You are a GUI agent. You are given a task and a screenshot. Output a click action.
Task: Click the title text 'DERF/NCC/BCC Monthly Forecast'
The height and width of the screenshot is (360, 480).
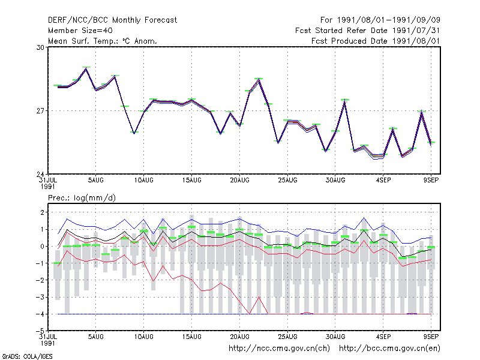coord(112,20)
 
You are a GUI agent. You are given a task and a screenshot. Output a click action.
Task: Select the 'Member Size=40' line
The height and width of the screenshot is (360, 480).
coord(80,31)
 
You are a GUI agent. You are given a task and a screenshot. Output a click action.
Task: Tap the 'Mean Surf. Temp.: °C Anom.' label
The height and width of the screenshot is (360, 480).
coord(103,41)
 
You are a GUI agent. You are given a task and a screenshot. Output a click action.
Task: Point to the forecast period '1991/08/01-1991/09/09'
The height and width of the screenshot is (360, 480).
coord(388,20)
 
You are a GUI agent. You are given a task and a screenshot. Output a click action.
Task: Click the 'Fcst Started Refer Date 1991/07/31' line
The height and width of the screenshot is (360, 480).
coord(368,31)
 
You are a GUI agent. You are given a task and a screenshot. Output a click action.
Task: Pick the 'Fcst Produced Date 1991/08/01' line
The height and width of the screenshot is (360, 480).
coord(376,41)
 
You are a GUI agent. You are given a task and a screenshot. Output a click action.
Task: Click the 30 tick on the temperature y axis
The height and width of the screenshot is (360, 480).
coord(40,47)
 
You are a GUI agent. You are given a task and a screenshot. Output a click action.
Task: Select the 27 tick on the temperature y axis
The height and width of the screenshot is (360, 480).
coord(40,111)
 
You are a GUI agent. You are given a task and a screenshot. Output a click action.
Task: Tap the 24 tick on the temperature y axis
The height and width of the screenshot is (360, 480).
coord(40,175)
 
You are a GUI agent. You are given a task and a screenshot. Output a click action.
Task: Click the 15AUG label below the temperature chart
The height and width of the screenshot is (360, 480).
coord(191,181)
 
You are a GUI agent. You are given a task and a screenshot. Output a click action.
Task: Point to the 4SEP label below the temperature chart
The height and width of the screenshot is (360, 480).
coord(383,181)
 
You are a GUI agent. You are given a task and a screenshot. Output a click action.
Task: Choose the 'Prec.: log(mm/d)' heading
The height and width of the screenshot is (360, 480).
coord(82,198)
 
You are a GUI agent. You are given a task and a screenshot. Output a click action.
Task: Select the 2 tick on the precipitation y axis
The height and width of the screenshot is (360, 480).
coord(42,212)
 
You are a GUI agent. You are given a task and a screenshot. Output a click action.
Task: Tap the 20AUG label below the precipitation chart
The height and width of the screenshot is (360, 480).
coord(239,337)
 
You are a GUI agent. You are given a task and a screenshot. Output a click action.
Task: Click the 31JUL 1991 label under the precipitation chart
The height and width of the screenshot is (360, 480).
coord(48,340)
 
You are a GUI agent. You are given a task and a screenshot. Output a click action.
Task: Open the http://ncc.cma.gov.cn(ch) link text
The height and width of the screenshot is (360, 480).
coord(279,349)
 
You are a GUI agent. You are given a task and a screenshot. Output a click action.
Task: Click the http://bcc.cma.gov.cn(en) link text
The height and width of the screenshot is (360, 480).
coord(389,349)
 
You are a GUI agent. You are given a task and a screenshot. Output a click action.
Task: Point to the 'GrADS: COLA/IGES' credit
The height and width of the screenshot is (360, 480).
coord(27,356)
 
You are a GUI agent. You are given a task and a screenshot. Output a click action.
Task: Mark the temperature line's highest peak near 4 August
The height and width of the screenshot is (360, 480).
coord(86,68)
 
